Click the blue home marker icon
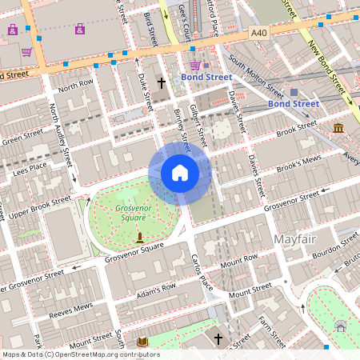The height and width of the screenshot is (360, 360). pyautogui.click(x=180, y=173)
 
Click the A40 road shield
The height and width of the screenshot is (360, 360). pyautogui.click(x=258, y=33)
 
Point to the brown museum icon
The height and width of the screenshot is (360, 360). pyautogui.click(x=338, y=128)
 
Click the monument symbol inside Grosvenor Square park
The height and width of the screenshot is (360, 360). pyautogui.click(x=140, y=237)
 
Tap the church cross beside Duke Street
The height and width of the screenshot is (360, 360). pyautogui.click(x=161, y=82)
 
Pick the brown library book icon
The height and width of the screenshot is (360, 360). pyautogui.click(x=142, y=342)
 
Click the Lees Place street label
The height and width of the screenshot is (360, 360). pyautogui.click(x=30, y=166)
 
